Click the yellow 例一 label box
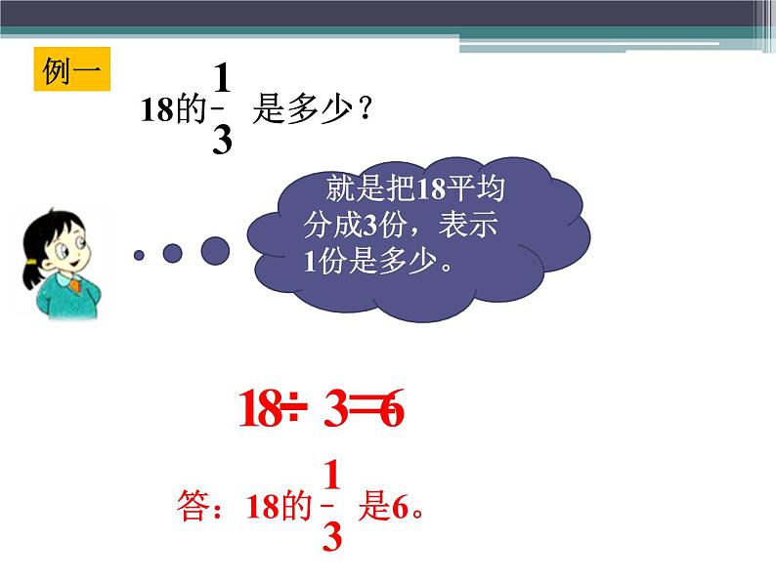point(71,69)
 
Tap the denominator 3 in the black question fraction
point(222,142)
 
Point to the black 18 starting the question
point(156,110)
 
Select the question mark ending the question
point(365,109)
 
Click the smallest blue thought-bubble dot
point(139,255)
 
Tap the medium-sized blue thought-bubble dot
point(172,253)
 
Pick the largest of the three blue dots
point(215,251)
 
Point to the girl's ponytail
point(31,278)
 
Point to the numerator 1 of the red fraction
point(331,476)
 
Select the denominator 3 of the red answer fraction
point(331,537)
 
